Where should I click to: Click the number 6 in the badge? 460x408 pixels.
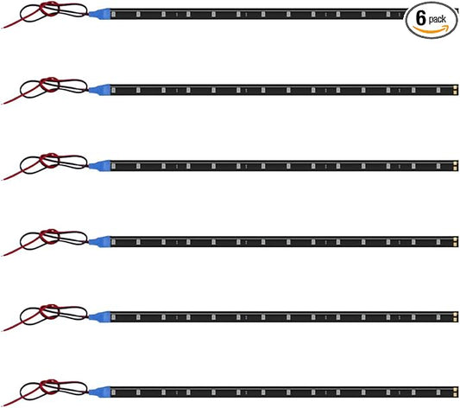pos(420,19)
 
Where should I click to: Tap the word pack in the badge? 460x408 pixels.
pos(437,20)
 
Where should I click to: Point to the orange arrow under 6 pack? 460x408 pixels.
pos(431,29)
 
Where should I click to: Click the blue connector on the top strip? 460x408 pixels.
pos(99,14)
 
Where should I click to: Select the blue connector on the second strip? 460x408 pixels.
pos(99,90)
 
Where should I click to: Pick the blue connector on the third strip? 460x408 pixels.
pos(99,166)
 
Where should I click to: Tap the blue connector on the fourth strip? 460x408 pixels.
pos(99,242)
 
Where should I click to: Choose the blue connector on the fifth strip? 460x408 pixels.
pos(99,317)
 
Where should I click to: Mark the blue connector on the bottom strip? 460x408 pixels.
pos(99,392)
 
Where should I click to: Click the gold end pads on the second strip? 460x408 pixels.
pos(455,90)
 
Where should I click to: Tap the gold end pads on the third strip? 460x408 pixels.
pos(455,166)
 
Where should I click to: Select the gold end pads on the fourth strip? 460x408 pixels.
pos(455,242)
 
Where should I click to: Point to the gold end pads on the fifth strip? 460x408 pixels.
pos(455,317)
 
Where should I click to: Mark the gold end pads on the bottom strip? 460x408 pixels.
pos(455,392)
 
